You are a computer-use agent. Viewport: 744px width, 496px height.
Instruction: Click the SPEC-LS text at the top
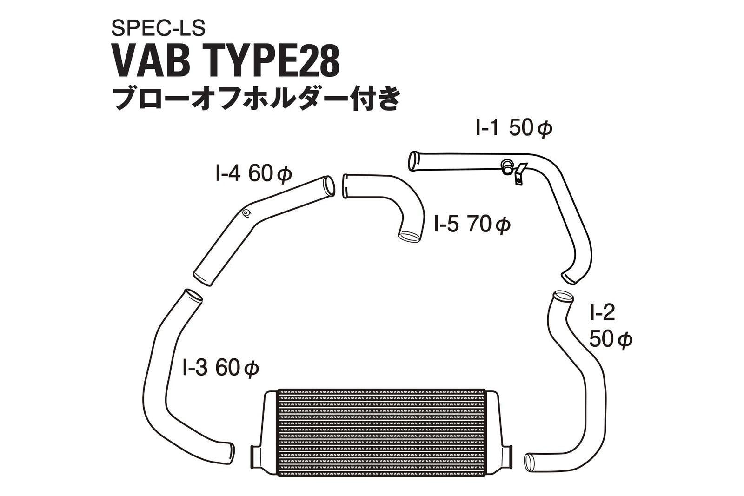tap(158, 29)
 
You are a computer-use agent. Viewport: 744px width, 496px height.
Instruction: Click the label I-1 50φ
tap(513, 129)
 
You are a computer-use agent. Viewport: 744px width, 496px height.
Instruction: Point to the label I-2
tap(603, 313)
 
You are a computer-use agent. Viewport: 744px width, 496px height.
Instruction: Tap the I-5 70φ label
tap(472, 225)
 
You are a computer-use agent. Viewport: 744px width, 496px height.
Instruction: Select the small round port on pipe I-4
tap(246, 213)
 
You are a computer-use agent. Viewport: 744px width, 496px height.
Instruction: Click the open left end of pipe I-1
tap(412, 161)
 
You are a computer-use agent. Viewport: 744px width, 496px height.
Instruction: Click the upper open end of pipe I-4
tap(329, 185)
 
